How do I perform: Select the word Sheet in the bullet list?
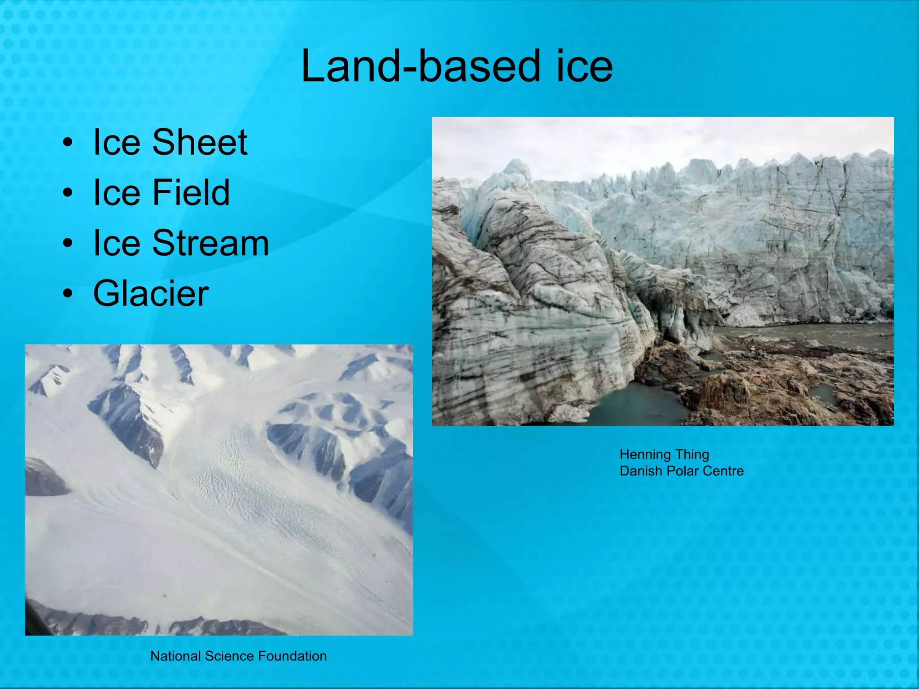pos(200,142)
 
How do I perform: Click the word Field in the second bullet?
pos(191,192)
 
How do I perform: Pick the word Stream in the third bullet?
pos(210,243)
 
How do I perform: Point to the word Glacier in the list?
pos(151,293)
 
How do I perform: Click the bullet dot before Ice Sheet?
pos(68,143)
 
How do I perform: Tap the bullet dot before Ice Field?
pos(68,193)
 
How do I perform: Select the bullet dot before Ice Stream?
pos(68,244)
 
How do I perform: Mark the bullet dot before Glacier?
pos(68,294)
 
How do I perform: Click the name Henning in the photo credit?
pos(644,455)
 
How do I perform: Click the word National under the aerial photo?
pos(175,656)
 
